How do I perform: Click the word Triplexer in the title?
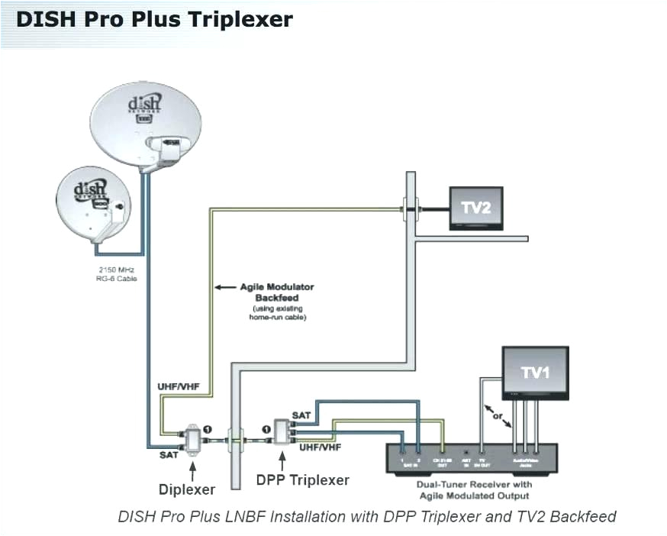pyautogui.click(x=233, y=19)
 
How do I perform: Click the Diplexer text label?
pyautogui.click(x=188, y=489)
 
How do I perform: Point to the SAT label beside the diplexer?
pyautogui.click(x=169, y=455)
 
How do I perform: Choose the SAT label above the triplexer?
pyautogui.click(x=301, y=415)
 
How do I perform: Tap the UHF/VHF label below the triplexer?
pyautogui.click(x=320, y=447)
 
